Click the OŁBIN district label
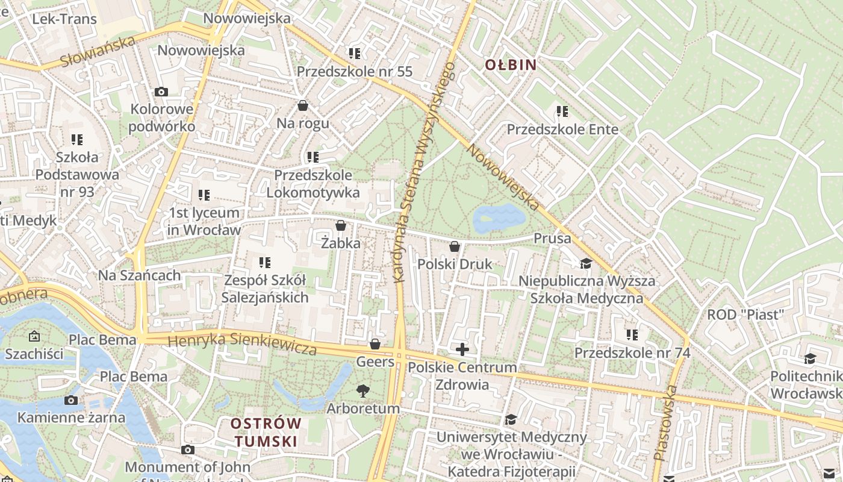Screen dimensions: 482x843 coord(511,64)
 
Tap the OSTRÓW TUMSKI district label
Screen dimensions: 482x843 coord(266,432)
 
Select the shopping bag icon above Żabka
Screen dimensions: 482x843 coord(341,225)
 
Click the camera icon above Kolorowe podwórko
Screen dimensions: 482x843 coord(161,92)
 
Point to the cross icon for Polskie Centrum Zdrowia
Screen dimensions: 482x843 coord(462,349)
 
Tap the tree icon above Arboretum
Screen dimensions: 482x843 coord(362,390)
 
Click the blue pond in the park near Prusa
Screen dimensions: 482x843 coord(499,218)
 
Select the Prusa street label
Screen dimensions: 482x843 coord(552,239)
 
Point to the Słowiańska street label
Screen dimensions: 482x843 coord(98,52)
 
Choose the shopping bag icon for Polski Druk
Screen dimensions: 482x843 coord(455,246)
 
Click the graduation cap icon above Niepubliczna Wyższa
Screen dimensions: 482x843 coord(586,263)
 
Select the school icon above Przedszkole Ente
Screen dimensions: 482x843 coord(562,111)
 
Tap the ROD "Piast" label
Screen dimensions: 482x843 coord(745,314)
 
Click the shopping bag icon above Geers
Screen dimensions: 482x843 coord(375,344)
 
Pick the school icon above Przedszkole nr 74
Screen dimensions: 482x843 coord(632,334)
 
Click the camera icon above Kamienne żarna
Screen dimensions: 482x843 coord(71,400)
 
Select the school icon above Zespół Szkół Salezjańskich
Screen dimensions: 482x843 coord(264,262)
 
